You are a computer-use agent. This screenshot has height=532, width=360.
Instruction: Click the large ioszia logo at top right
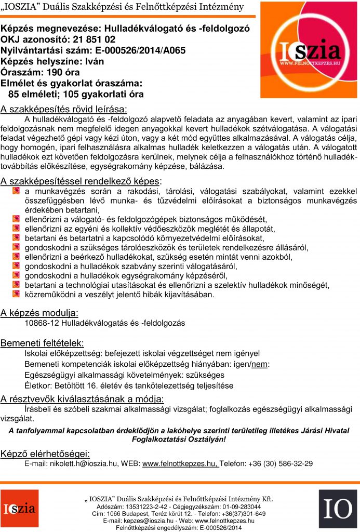(x=309, y=50)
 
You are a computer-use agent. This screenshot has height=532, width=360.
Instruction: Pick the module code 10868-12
(x=41, y=323)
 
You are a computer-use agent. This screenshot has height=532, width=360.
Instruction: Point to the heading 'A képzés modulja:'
(x=39, y=313)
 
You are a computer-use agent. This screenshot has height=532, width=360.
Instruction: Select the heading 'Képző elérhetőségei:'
(x=45, y=453)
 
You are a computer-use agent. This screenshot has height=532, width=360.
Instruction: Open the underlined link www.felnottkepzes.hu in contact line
(x=180, y=463)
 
